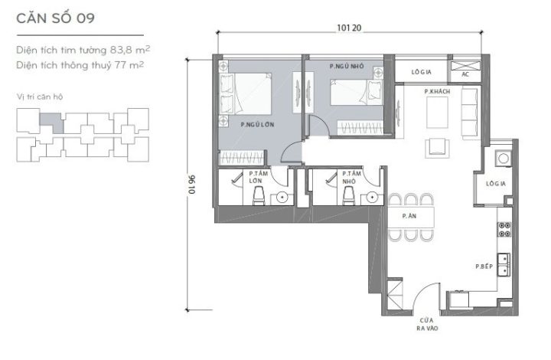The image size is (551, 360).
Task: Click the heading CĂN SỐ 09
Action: (56, 18)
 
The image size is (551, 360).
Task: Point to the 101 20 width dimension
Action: (349, 28)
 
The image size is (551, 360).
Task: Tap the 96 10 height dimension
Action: (192, 185)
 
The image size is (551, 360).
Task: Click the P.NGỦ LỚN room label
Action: (257, 124)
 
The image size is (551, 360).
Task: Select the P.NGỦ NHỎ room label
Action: (347, 66)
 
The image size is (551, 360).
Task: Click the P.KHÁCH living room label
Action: (437, 91)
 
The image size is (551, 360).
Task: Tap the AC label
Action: (465, 74)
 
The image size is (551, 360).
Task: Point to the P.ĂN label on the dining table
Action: (409, 216)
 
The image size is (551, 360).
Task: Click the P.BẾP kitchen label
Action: (484, 267)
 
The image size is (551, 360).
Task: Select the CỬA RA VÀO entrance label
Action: (427, 324)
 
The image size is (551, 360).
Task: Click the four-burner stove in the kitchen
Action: (504, 229)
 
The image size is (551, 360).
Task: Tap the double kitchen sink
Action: (504, 265)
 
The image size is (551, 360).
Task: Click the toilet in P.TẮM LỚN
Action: (259, 195)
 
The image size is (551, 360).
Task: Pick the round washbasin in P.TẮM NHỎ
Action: (373, 197)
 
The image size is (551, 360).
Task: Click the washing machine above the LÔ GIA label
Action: (504, 159)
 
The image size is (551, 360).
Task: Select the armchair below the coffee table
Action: (438, 148)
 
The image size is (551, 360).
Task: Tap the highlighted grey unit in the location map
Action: (52, 121)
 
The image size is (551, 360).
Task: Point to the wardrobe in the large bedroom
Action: (241, 158)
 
